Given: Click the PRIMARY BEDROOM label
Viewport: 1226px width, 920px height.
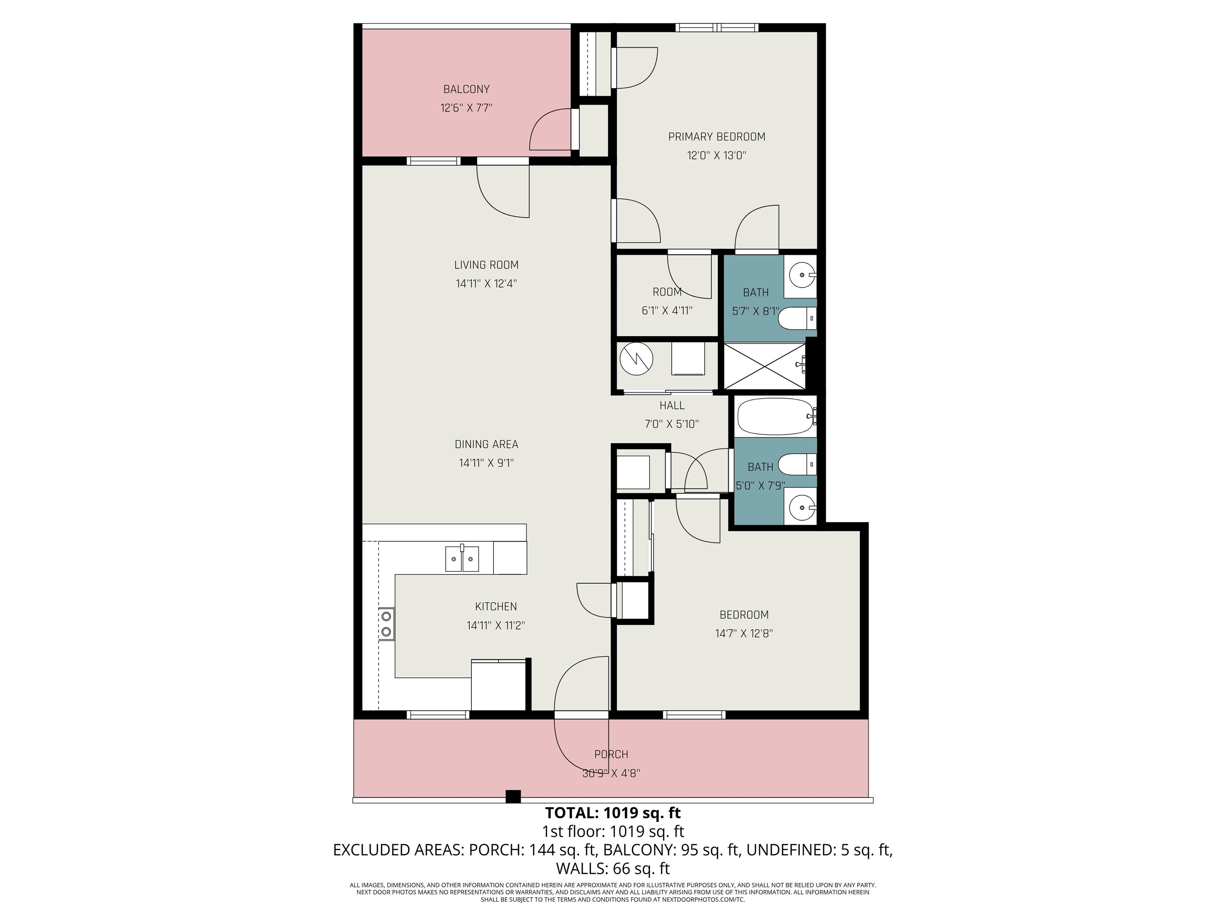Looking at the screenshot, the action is click(x=717, y=137).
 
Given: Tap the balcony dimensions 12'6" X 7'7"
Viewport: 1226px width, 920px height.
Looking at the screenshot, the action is click(x=466, y=107).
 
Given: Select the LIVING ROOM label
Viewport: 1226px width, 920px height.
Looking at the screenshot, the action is click(x=486, y=265).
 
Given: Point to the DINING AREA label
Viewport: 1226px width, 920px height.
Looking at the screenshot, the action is click(x=486, y=444).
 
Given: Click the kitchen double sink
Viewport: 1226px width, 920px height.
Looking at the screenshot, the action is click(x=462, y=559).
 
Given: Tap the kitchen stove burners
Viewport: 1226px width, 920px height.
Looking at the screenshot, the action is click(x=386, y=624).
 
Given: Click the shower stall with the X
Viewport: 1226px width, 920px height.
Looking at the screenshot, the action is click(x=765, y=366).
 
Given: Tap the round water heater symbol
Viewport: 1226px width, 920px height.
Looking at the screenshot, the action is click(x=636, y=359).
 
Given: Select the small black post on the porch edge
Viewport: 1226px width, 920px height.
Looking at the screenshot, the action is click(x=513, y=796).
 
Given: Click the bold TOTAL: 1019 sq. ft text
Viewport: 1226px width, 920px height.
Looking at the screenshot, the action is click(x=613, y=813).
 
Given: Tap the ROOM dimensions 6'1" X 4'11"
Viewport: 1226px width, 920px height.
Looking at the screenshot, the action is click(x=667, y=311).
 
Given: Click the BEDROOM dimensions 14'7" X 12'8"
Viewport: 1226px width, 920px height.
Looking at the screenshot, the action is click(x=744, y=633).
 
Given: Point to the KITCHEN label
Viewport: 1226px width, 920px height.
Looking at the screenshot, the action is click(x=496, y=607).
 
